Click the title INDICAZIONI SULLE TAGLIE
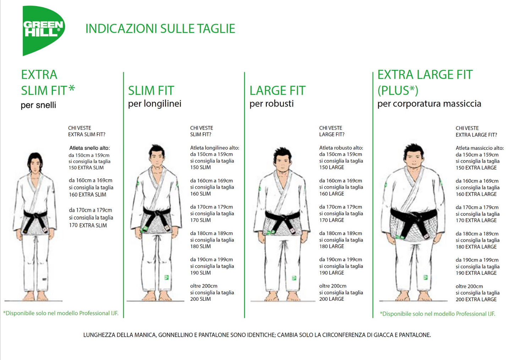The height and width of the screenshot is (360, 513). click(x=160, y=29)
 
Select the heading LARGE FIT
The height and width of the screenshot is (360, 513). click(x=277, y=91)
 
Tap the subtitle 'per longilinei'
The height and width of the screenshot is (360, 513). click(x=154, y=104)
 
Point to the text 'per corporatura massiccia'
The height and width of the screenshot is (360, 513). click(x=429, y=104)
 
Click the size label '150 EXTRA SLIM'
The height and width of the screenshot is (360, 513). click(x=86, y=168)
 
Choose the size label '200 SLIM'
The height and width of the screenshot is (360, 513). click(x=200, y=299)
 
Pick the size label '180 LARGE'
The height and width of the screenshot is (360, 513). click(x=332, y=246)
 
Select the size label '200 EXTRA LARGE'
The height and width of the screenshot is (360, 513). click(x=476, y=299)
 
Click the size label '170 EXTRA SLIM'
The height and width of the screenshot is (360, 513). click(x=88, y=225)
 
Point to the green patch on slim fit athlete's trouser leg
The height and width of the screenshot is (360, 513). click(x=167, y=278)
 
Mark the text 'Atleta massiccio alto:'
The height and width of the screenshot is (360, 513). click(x=480, y=148)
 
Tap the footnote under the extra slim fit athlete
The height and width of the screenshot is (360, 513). click(x=61, y=313)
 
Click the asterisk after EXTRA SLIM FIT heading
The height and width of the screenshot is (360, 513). click(x=72, y=88)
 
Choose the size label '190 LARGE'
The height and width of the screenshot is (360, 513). click(x=332, y=273)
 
